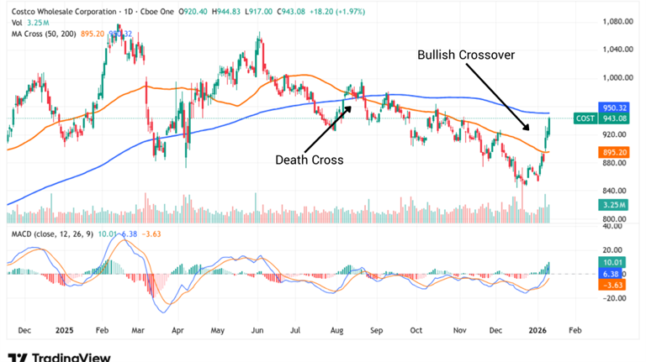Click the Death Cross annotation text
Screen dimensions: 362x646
point(310,160)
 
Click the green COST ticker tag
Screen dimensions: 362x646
point(586,119)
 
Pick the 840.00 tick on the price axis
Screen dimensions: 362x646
point(618,191)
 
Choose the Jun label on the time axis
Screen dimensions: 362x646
point(258,331)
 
